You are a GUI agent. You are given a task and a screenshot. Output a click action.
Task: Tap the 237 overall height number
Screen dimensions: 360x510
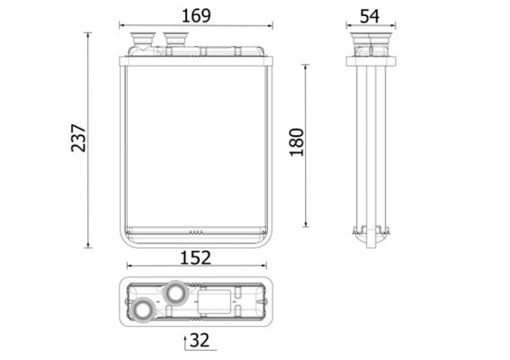coord(78,136)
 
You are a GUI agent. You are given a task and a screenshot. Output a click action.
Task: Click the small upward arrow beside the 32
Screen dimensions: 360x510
coord(185,341)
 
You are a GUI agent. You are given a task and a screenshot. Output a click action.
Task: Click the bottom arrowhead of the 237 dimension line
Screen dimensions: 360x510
coord(88,245)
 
